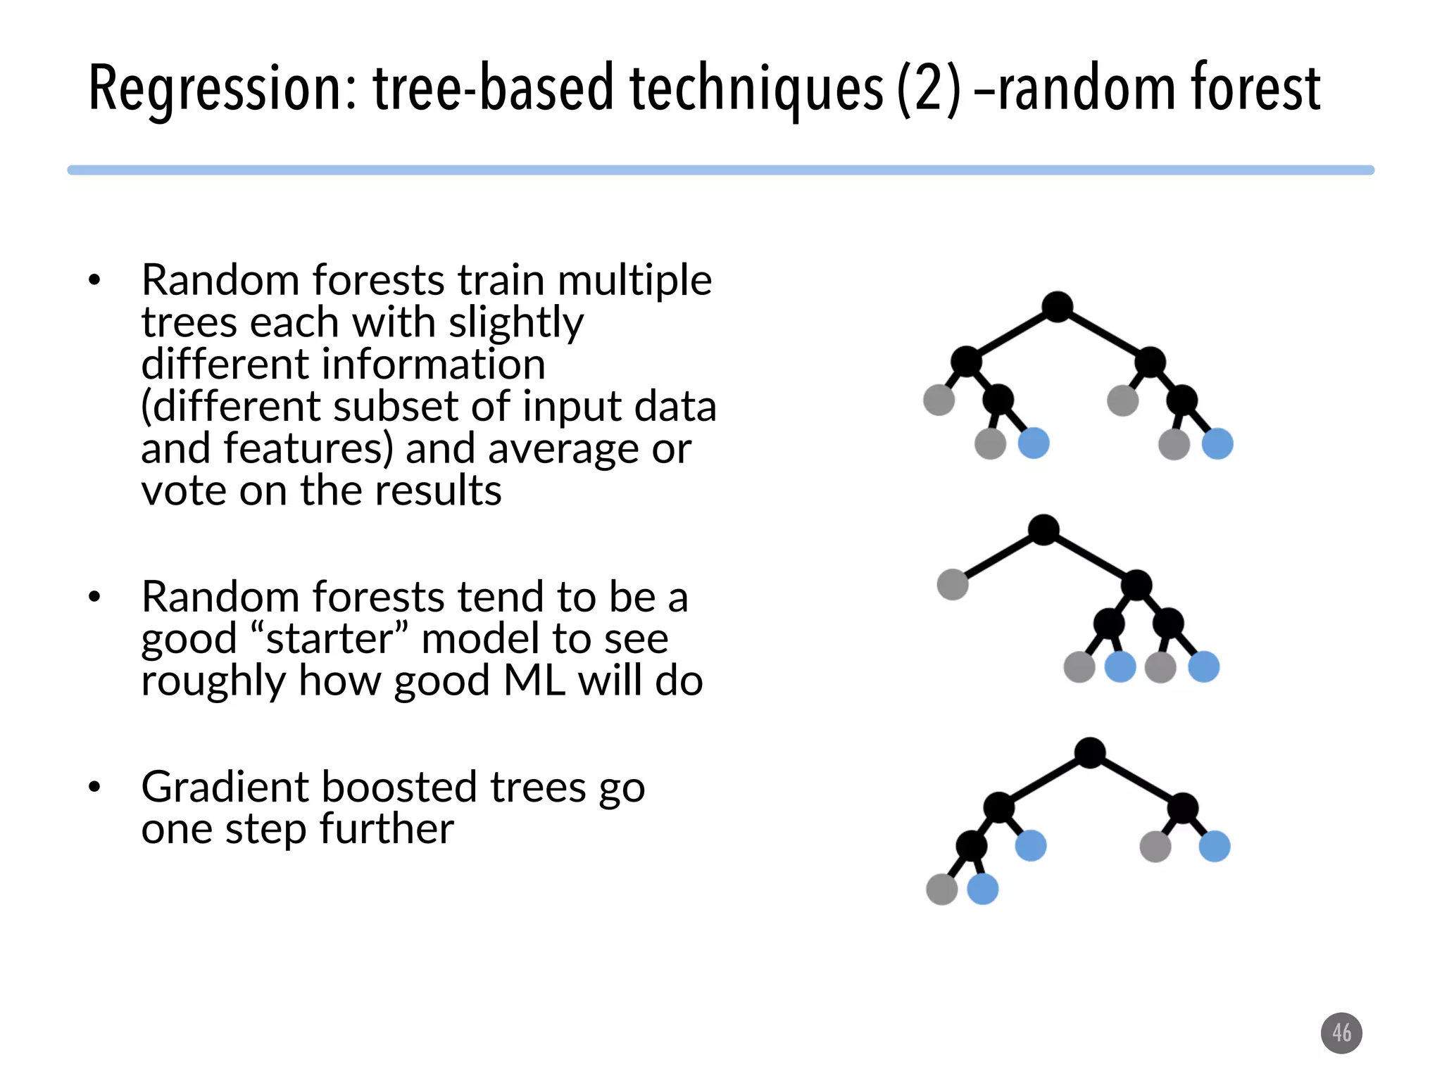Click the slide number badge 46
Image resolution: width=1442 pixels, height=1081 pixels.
pyautogui.click(x=1341, y=1033)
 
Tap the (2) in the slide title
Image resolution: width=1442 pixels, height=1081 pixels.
pyautogui.click(x=929, y=89)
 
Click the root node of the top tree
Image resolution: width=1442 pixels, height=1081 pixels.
pyautogui.click(x=1057, y=307)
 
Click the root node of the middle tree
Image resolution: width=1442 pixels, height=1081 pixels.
pyautogui.click(x=1043, y=529)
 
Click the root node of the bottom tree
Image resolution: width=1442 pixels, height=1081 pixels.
pyautogui.click(x=1090, y=753)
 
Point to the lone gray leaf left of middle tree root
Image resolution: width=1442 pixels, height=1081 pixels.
pyautogui.click(x=953, y=585)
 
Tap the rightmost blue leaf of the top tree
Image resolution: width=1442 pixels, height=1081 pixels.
pyautogui.click(x=1217, y=444)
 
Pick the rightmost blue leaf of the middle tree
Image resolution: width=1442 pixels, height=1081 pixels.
pyautogui.click(x=1204, y=666)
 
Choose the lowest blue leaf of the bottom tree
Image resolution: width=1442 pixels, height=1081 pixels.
pyautogui.click(x=983, y=889)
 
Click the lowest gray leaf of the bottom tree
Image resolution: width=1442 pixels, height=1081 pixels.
pyautogui.click(x=942, y=889)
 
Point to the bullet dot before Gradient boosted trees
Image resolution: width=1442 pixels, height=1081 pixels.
pyautogui.click(x=95, y=788)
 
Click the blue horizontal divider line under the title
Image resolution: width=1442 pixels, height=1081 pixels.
pyautogui.click(x=720, y=170)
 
